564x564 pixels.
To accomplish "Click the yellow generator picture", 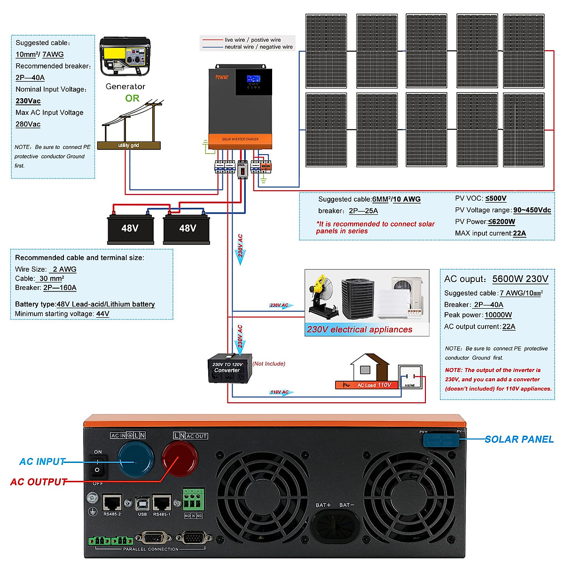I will click(125, 57).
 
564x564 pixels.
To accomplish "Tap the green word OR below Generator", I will click(132, 98).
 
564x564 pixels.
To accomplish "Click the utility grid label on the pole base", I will click(128, 146).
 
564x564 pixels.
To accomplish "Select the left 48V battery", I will click(130, 229).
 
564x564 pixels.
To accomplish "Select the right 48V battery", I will click(187, 229).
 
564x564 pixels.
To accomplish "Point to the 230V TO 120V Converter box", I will click(230, 369).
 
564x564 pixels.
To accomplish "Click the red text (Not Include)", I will click(269, 364).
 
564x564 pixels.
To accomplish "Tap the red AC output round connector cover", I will click(180, 459).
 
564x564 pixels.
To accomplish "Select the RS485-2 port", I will click(112, 503).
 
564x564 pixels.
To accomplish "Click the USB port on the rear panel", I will click(142, 504).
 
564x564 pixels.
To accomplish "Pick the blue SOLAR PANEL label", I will click(519, 439).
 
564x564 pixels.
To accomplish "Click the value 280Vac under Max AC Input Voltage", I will click(28, 125).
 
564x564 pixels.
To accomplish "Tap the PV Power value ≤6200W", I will click(501, 222).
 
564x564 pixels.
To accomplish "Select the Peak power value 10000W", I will click(498, 315).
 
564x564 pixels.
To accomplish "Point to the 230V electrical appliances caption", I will click(360, 329).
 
